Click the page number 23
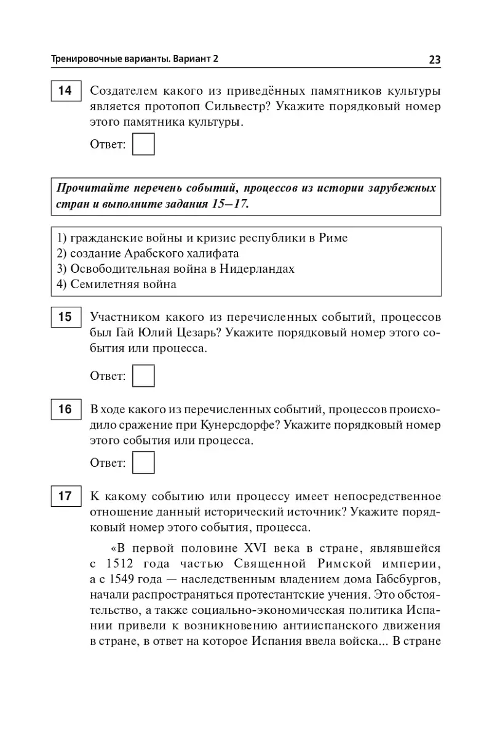click(434, 59)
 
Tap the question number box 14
click(65, 91)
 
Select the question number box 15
click(65, 318)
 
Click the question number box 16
click(65, 410)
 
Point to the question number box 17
click(65, 496)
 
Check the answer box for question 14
click(143, 145)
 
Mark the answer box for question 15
click(143, 376)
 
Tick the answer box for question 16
click(143, 463)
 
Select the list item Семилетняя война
click(123, 284)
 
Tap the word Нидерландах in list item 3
click(258, 269)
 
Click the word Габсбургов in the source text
click(408, 580)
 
